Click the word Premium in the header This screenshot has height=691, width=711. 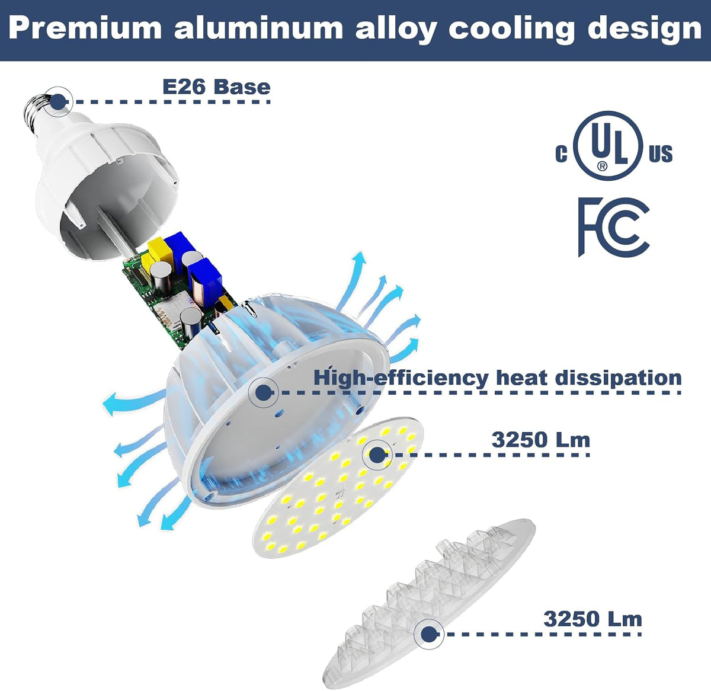(x=85, y=28)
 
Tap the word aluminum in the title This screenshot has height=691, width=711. (x=258, y=28)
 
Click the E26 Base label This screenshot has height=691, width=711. (x=216, y=87)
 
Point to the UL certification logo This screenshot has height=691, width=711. (x=614, y=146)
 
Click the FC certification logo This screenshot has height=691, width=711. (x=613, y=227)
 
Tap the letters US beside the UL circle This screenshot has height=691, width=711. (x=661, y=153)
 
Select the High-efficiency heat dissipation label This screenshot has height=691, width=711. (x=498, y=378)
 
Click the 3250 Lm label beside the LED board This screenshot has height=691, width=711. (x=541, y=440)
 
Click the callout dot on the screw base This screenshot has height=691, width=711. (x=58, y=101)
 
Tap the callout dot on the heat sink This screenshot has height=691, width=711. (x=263, y=393)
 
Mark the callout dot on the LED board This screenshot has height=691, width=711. (x=377, y=455)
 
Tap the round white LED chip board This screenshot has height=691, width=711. (x=338, y=488)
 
